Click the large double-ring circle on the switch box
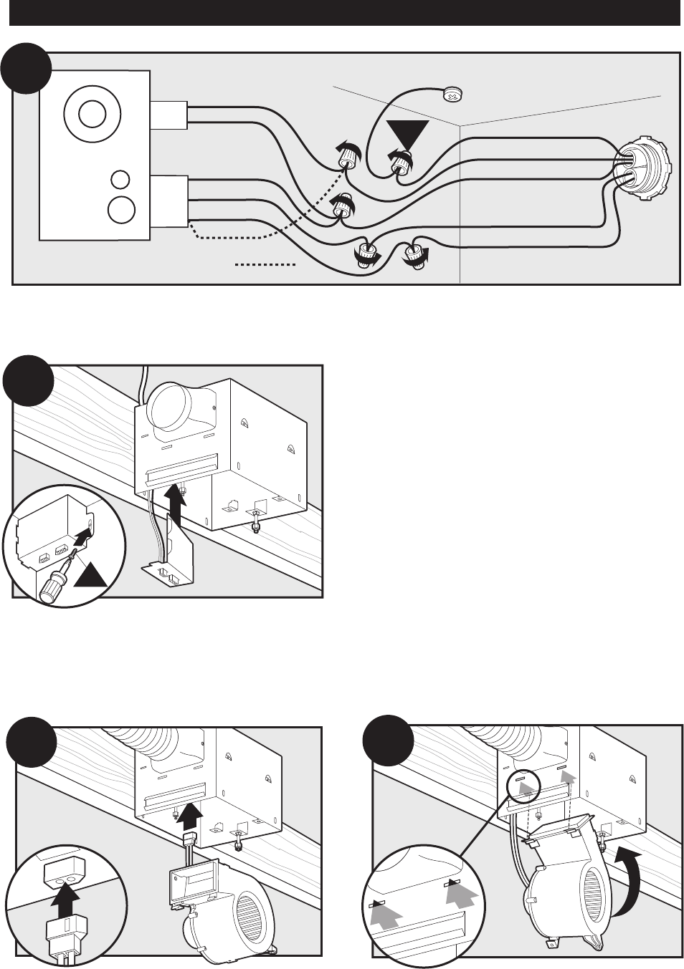(90, 114)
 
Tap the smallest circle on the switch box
(120, 179)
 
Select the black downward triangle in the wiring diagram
(407, 135)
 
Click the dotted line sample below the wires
(265, 265)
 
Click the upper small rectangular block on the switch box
(168, 115)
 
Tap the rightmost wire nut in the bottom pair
(414, 254)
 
